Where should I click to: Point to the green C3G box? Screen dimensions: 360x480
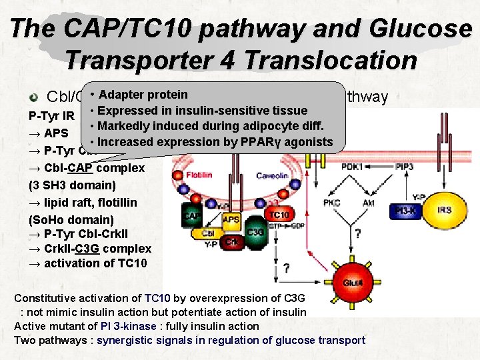(255, 233)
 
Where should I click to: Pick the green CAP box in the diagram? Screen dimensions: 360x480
(192, 215)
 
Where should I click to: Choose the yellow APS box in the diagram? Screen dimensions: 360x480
(231, 219)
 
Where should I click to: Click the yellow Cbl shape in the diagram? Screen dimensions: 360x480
(209, 233)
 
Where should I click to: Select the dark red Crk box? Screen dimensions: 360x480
(232, 241)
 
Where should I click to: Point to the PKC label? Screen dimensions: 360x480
(333, 203)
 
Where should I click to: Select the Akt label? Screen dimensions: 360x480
(368, 203)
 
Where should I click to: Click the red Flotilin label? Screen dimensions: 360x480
(198, 175)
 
